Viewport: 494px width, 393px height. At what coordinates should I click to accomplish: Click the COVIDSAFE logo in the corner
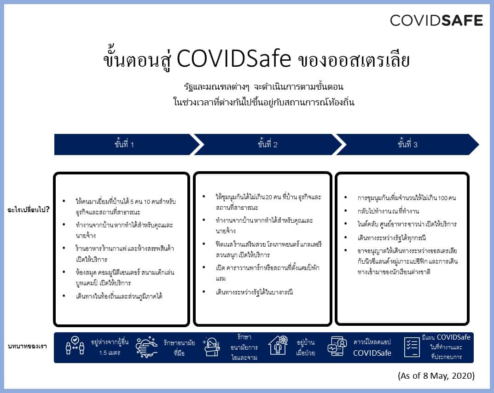pos(436,20)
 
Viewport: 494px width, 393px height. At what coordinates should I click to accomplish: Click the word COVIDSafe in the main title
pos(233,59)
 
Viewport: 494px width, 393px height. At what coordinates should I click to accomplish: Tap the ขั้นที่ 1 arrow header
pos(124,144)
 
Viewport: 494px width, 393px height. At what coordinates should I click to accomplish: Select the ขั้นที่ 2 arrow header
pos(267,144)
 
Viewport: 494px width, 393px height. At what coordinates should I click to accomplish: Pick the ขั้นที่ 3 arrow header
pos(407,144)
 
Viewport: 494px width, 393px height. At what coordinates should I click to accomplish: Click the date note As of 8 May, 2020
pos(436,375)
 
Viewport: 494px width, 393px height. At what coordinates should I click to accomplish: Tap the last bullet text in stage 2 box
pos(254,292)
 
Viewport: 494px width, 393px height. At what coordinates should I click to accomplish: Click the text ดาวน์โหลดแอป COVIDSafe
pos(372,348)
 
